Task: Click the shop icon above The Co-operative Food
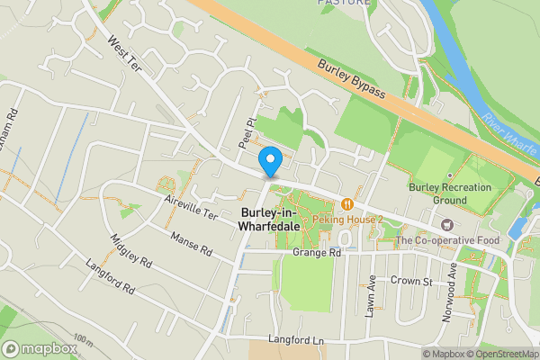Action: (x=445, y=224)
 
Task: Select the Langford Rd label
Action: (x=110, y=278)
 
